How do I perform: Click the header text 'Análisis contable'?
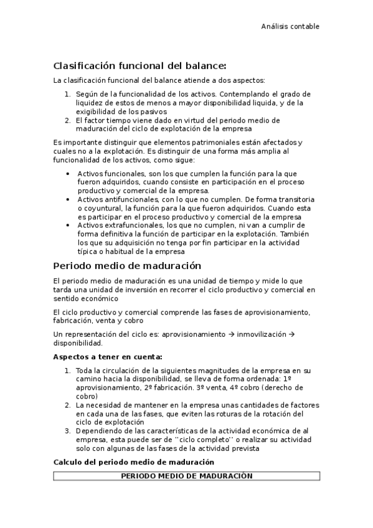290,26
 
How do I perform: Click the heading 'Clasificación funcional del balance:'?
139,65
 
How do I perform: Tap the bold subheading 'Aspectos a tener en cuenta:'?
108,357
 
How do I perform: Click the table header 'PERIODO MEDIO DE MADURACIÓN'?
186,476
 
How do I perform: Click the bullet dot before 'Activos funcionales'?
68,173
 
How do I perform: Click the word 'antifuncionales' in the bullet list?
129,199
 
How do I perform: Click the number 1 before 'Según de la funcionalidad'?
67,94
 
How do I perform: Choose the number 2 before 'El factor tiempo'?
67,120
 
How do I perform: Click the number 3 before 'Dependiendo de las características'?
67,430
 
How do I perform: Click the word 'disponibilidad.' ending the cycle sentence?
78,343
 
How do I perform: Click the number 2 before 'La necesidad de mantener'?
67,404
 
